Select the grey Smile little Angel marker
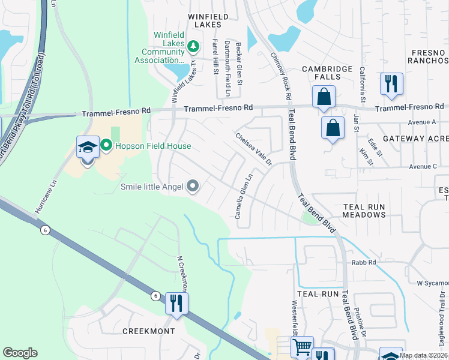pos(193,187)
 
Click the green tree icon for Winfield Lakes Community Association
pos(193,46)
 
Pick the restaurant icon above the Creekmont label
pos(176,303)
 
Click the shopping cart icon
pos(302,347)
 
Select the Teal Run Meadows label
pos(364,211)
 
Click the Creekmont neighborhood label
pos(148,331)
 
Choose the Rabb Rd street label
pos(364,262)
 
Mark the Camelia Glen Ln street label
pos(242,197)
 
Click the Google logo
pos(20,353)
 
